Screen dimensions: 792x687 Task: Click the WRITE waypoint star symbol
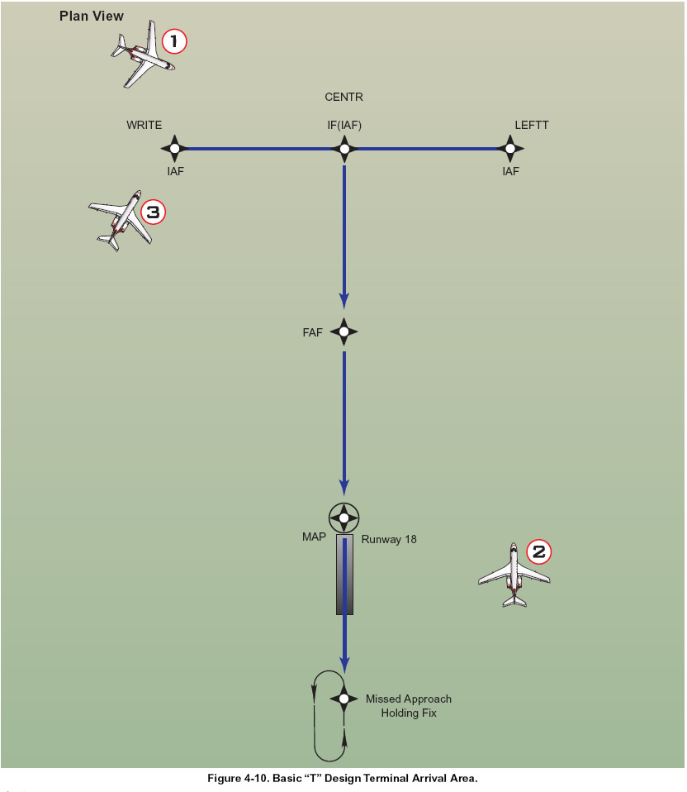(174, 149)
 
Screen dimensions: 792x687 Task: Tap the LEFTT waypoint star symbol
(510, 149)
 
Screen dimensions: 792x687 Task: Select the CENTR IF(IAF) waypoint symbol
(344, 149)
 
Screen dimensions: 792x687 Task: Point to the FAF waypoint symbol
(344, 332)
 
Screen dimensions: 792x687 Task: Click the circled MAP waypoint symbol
(344, 518)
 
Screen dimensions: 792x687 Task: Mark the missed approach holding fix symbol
(344, 699)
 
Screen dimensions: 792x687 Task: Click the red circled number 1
(174, 41)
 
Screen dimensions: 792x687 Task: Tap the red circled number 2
(538, 551)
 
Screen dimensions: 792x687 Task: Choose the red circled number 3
(153, 212)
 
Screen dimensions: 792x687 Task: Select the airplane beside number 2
(514, 575)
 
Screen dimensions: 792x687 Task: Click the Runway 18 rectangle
(344, 575)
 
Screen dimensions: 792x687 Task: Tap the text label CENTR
(343, 97)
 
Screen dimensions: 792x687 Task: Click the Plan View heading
(91, 16)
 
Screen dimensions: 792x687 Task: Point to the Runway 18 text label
(389, 540)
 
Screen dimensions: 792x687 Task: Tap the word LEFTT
(532, 125)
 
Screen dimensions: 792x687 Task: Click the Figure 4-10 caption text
(343, 778)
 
